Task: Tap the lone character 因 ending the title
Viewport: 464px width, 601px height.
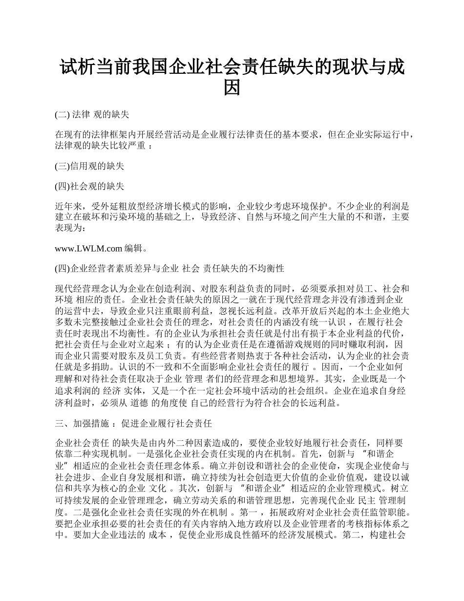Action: [232, 87]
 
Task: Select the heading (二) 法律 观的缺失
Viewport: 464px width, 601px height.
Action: [92, 115]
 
